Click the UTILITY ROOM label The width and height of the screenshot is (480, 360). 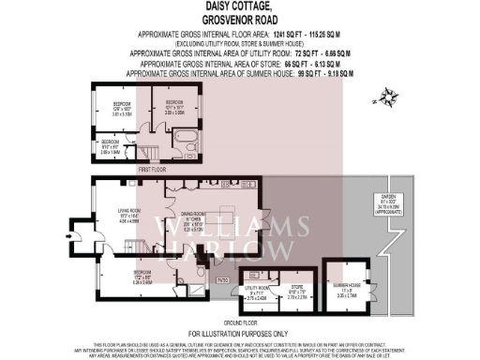click(x=256, y=290)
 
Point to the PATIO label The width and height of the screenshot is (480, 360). click(x=223, y=279)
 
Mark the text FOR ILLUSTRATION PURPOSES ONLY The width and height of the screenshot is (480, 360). click(x=239, y=333)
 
